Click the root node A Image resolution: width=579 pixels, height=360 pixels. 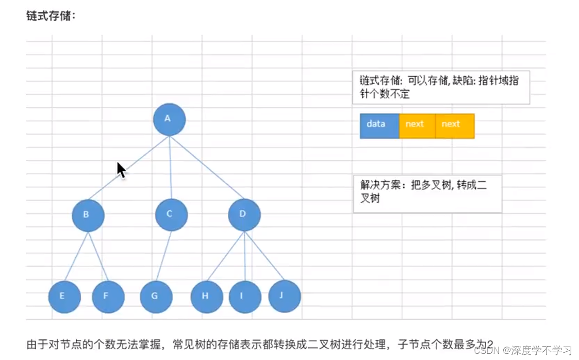pos(169,120)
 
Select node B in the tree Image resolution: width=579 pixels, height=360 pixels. pos(88,215)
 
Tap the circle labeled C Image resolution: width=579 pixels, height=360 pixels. pos(171,215)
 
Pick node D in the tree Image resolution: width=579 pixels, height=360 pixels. pos(244,215)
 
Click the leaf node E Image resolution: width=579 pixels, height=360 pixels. pos(64,297)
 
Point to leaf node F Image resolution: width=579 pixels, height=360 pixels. pos(108,297)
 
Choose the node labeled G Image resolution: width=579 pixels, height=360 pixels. pos(156,297)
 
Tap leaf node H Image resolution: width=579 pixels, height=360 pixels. pos(207,297)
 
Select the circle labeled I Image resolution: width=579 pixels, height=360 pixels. pos(245,297)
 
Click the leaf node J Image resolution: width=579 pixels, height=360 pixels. pos(284,296)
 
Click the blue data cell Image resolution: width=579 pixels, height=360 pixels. pos(379,126)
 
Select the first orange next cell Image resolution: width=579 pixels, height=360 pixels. pos(417,126)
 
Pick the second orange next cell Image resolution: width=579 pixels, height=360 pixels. pos(454,126)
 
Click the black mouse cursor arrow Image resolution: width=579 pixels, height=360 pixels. pos(121,169)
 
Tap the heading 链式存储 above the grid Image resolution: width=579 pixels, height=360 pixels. pos(51,16)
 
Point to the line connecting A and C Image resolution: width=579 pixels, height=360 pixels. pos(170,168)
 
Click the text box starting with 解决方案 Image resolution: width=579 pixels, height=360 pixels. pos(427,193)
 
